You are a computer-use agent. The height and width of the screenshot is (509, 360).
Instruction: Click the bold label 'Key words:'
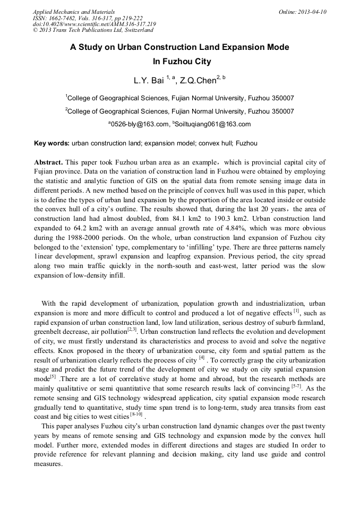pyautogui.click(x=52, y=143)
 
